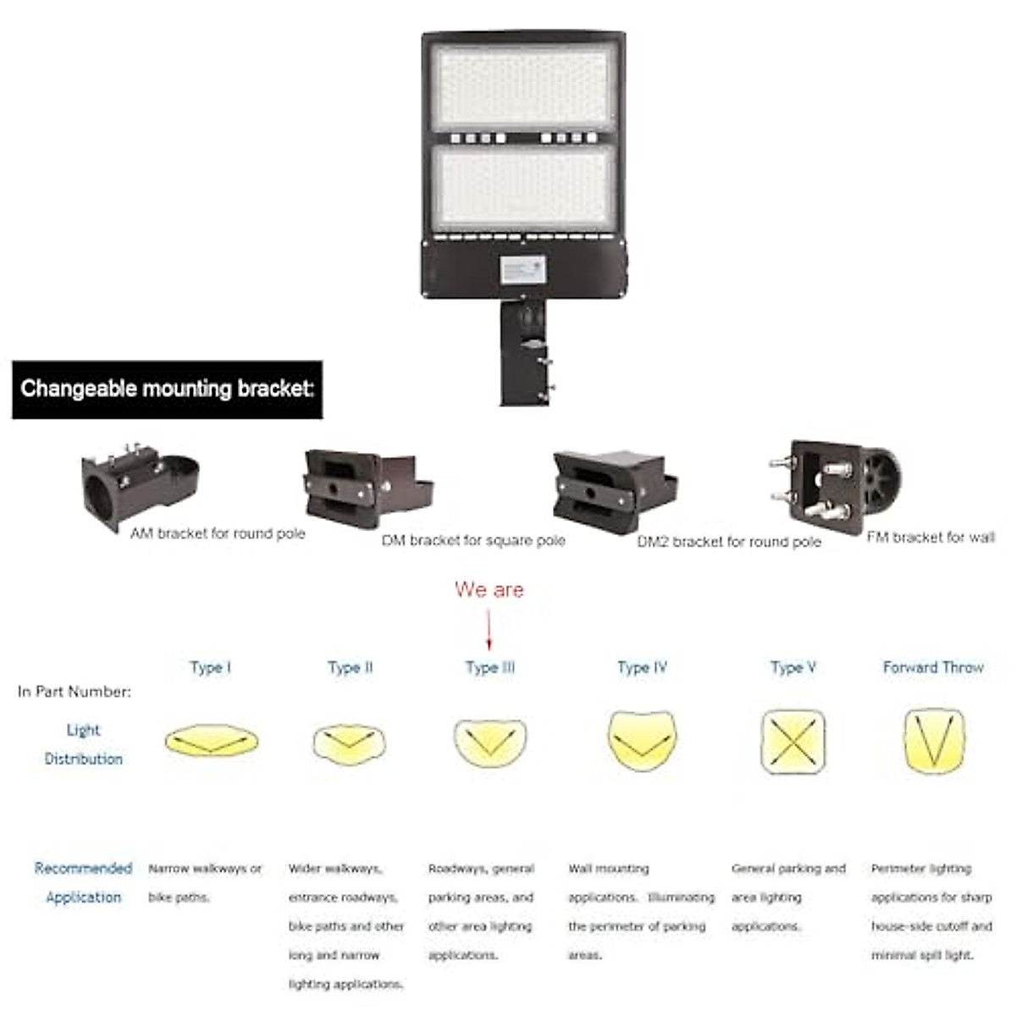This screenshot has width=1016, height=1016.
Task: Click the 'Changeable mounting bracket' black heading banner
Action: (x=167, y=389)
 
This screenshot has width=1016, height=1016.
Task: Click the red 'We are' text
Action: (x=489, y=589)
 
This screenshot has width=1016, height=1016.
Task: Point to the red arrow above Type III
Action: (x=489, y=630)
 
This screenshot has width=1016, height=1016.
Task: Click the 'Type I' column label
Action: (x=211, y=667)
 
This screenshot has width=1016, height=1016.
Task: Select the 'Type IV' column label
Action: (x=642, y=667)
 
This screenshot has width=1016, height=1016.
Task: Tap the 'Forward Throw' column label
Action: (x=933, y=667)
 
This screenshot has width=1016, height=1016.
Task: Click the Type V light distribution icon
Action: (x=792, y=741)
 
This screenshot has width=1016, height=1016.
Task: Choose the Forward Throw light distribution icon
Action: (x=934, y=741)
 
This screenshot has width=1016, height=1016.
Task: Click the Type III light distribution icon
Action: (x=489, y=742)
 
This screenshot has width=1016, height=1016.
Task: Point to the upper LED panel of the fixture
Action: (x=522, y=87)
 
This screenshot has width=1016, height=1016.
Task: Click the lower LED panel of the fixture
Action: (x=522, y=187)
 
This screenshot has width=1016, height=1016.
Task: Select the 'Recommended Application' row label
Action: (x=83, y=882)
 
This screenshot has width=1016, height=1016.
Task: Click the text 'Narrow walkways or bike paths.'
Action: (x=205, y=882)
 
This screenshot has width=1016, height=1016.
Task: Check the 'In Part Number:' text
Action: (x=75, y=692)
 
